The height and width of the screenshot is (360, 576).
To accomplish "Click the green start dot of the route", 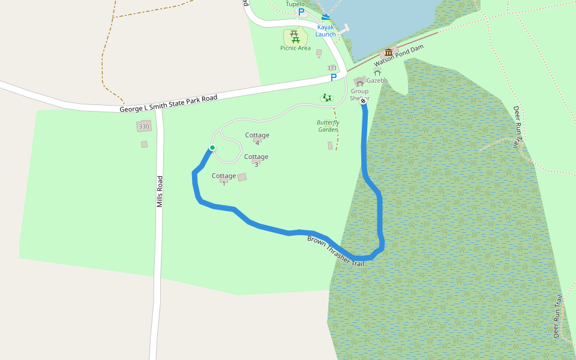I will click(212, 148).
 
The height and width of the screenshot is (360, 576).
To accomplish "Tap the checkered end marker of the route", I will click(363, 102).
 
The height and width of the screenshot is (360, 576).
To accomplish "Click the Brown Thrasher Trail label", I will click(335, 251).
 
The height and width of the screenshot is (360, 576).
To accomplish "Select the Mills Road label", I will click(160, 191).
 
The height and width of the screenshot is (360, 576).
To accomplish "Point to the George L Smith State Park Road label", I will click(168, 103).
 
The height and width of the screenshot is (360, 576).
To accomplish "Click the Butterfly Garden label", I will click(328, 126).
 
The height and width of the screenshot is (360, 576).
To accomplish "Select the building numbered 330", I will click(143, 127).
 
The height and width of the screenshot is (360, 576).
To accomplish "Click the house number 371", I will click(332, 68).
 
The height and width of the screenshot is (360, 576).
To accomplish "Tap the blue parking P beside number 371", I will click(334, 78).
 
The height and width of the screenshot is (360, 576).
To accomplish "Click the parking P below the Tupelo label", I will click(301, 12).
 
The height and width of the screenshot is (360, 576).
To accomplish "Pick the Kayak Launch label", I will click(326, 31).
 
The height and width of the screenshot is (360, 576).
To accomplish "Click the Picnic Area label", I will click(296, 48).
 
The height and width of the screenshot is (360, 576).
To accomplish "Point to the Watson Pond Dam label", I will click(398, 56).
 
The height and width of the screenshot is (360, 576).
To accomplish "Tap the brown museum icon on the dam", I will click(389, 52).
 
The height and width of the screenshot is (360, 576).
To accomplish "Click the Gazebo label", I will click(377, 80).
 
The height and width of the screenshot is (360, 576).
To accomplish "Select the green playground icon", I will click(327, 97).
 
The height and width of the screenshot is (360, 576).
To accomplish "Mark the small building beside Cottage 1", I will click(242, 177).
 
